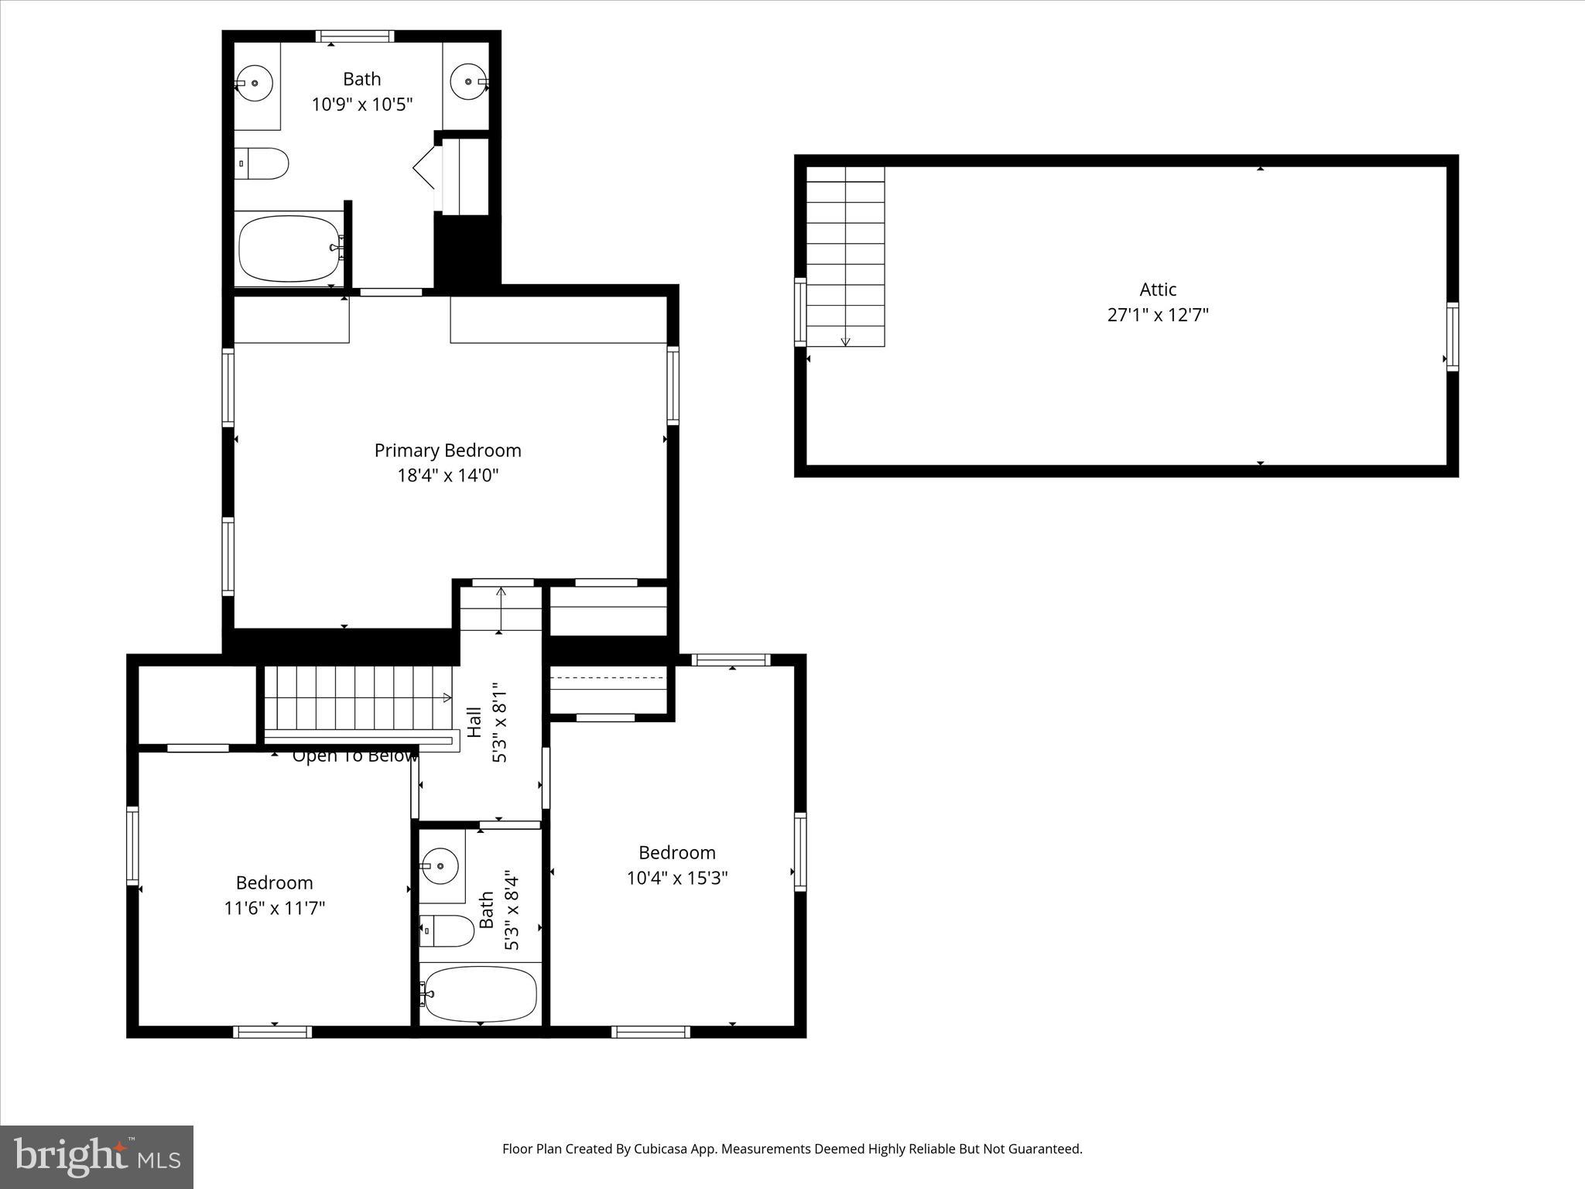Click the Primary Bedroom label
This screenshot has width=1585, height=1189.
tap(447, 451)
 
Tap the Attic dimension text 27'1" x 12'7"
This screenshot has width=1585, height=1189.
tap(1158, 315)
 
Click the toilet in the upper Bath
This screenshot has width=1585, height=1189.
tap(263, 163)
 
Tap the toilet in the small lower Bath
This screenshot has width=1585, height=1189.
tap(447, 930)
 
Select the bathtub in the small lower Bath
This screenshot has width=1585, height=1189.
tap(480, 994)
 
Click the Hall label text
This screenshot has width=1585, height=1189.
tap(474, 721)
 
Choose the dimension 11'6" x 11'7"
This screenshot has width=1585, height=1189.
tap(274, 908)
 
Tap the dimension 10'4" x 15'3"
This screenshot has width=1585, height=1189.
tap(677, 878)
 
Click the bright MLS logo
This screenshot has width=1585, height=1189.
tap(97, 1156)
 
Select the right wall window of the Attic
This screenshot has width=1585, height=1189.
tap(1453, 337)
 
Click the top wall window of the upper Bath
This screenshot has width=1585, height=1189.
tap(355, 36)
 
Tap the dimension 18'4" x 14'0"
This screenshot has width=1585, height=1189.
tap(447, 475)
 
